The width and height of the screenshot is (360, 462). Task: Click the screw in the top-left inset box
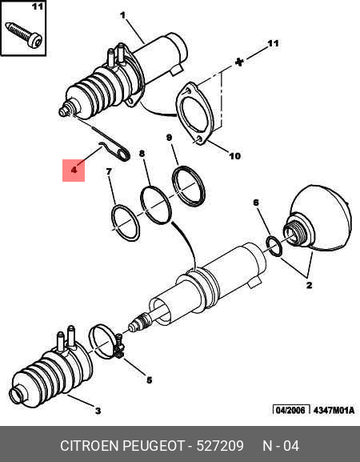tap(24, 34)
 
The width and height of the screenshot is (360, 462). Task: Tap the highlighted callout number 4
tap(74, 171)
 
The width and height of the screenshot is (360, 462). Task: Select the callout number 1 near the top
tap(122, 15)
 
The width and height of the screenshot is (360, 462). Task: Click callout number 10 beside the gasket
tap(234, 156)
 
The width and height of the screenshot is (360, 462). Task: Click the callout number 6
tap(256, 203)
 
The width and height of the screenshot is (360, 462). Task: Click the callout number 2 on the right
tap(309, 285)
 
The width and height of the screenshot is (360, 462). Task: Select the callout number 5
tap(150, 380)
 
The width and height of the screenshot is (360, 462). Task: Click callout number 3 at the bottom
tap(98, 411)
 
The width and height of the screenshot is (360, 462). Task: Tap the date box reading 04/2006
tap(291, 410)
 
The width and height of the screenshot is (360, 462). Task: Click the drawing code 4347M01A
tap(334, 410)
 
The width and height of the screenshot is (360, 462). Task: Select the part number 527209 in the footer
tap(220, 445)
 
